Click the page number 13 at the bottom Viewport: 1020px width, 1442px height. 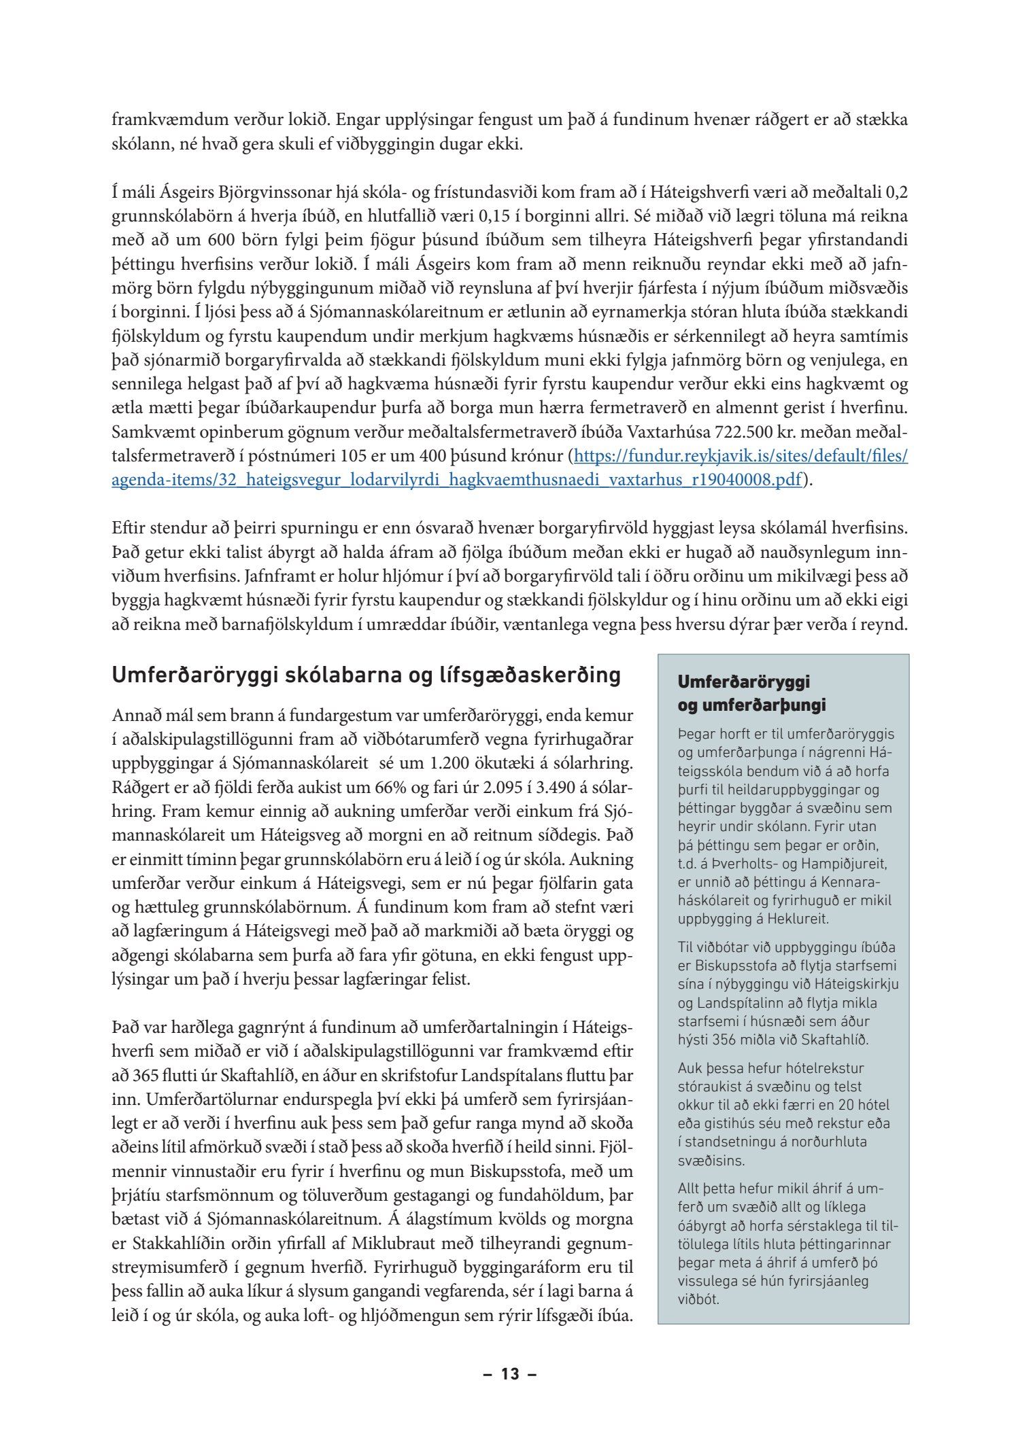click(510, 1374)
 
